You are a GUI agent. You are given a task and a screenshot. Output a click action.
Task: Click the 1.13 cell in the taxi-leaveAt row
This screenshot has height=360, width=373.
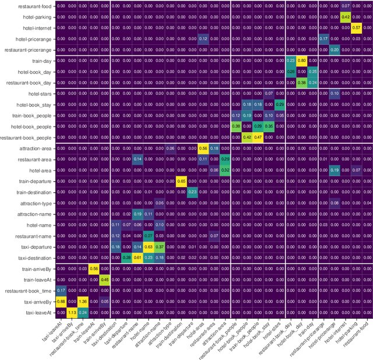click(72, 312)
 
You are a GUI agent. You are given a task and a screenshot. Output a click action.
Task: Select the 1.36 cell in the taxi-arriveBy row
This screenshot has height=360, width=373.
click(83, 301)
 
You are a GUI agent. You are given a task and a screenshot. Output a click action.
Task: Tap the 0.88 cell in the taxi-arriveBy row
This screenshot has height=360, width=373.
click(61, 301)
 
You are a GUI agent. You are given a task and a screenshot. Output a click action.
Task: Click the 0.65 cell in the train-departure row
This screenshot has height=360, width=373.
click(181, 181)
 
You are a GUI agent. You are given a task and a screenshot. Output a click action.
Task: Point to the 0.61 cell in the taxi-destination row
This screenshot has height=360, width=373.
click(137, 257)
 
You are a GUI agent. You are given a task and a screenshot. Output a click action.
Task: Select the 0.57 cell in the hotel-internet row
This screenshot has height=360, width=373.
click(356, 27)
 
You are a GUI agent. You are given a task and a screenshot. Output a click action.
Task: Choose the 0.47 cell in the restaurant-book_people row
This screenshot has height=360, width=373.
click(258, 137)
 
